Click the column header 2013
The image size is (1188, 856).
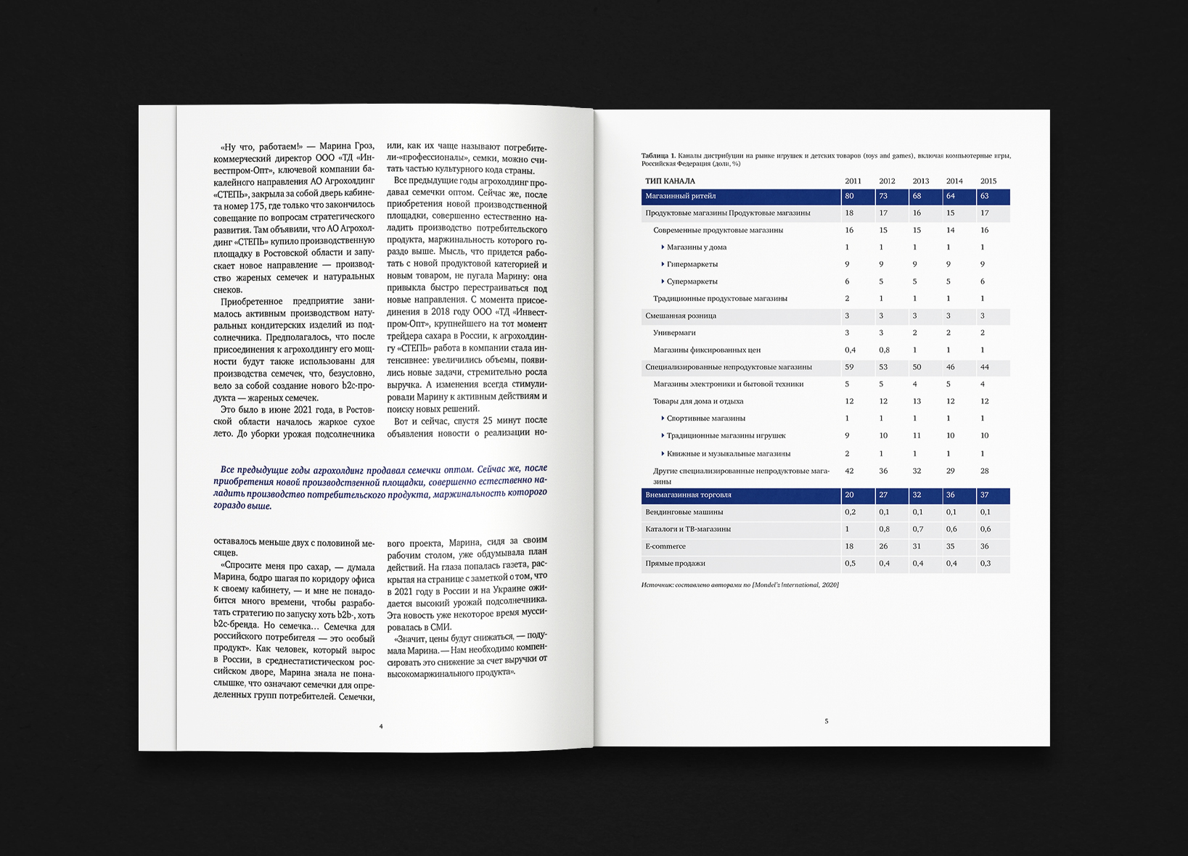point(920,181)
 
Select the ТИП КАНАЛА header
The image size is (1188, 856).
point(670,181)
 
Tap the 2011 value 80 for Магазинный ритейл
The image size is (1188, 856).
point(849,196)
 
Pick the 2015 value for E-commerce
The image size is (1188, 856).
point(984,546)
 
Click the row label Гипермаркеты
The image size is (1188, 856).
point(692,264)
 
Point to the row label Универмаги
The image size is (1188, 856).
point(674,333)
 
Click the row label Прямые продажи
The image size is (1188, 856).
point(675,564)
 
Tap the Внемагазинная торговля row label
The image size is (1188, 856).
point(688,495)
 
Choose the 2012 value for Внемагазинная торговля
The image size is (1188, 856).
point(883,495)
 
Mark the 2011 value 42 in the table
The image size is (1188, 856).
point(849,471)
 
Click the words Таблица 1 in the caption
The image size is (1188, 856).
point(658,156)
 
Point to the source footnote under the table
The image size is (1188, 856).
point(740,585)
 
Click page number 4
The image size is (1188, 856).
point(381,726)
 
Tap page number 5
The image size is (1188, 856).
point(826,721)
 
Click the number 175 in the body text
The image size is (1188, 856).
point(257,206)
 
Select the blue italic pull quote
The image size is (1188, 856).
point(380,487)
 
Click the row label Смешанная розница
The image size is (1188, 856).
point(681,316)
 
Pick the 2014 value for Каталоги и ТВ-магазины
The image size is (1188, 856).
point(951,530)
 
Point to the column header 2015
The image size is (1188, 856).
point(988,181)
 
